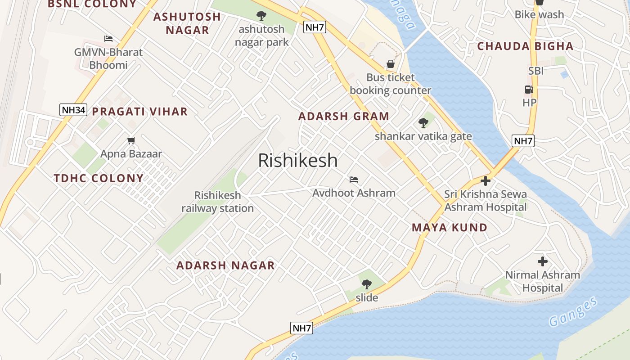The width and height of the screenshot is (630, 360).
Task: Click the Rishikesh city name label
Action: tap(297, 161)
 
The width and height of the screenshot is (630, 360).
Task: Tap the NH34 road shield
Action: tap(73, 110)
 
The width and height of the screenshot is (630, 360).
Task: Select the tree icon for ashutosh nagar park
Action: tap(261, 16)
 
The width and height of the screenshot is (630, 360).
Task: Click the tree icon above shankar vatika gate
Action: tap(423, 122)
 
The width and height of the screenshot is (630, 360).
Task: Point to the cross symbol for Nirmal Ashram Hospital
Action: tap(543, 261)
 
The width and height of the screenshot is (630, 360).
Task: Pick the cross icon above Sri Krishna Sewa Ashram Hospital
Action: tap(485, 181)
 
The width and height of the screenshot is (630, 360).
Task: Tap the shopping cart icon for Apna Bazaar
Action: tap(131, 141)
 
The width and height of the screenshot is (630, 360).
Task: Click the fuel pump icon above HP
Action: tap(529, 90)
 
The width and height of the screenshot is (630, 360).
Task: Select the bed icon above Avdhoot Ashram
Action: tap(354, 180)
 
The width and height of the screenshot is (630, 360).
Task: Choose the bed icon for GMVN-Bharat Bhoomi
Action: tap(108, 39)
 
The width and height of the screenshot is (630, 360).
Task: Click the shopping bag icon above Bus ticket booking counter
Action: tap(390, 64)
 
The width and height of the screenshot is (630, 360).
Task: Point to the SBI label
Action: tap(536, 71)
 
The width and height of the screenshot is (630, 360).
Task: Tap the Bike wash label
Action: tap(539, 14)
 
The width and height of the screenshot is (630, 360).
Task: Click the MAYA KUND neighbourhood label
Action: tap(450, 228)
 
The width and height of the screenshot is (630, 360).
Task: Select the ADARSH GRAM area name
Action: tap(344, 116)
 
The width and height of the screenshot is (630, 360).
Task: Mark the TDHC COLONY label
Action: tap(99, 178)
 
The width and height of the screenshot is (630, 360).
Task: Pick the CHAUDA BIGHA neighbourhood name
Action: tap(525, 46)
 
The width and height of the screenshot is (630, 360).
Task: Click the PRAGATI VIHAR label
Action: tap(139, 112)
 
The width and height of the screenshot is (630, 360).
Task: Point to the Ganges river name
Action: tap(573, 312)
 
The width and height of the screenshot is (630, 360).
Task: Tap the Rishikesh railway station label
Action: tap(218, 202)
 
